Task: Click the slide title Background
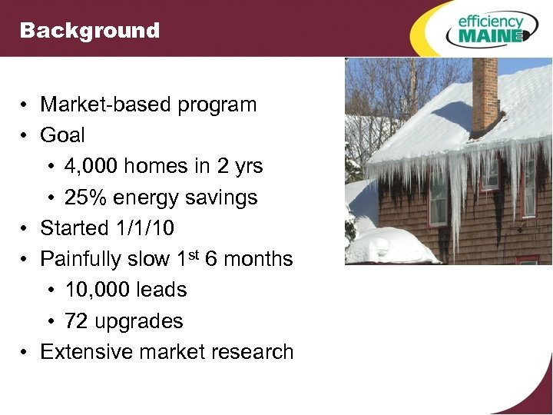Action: pos(90,31)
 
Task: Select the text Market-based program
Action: pos(148,105)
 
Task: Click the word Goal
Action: pos(62,135)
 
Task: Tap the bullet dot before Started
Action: pos(26,229)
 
